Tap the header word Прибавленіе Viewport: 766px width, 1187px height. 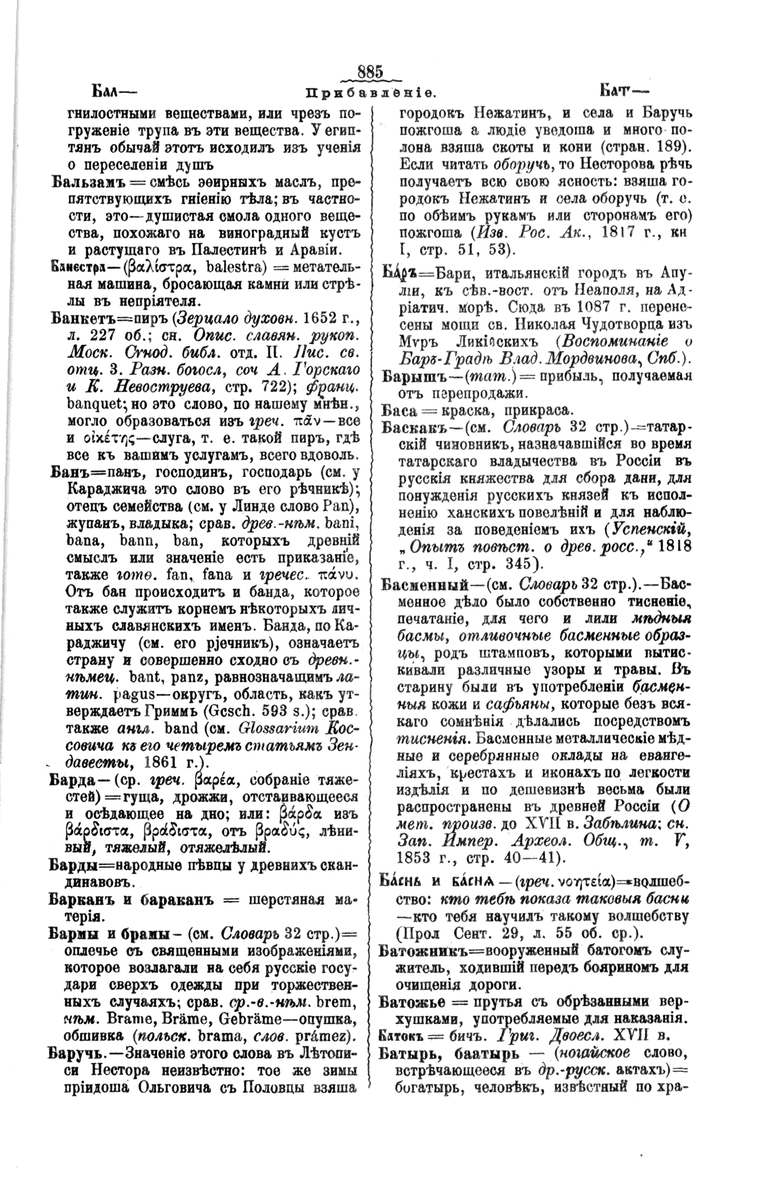pyautogui.click(x=370, y=90)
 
